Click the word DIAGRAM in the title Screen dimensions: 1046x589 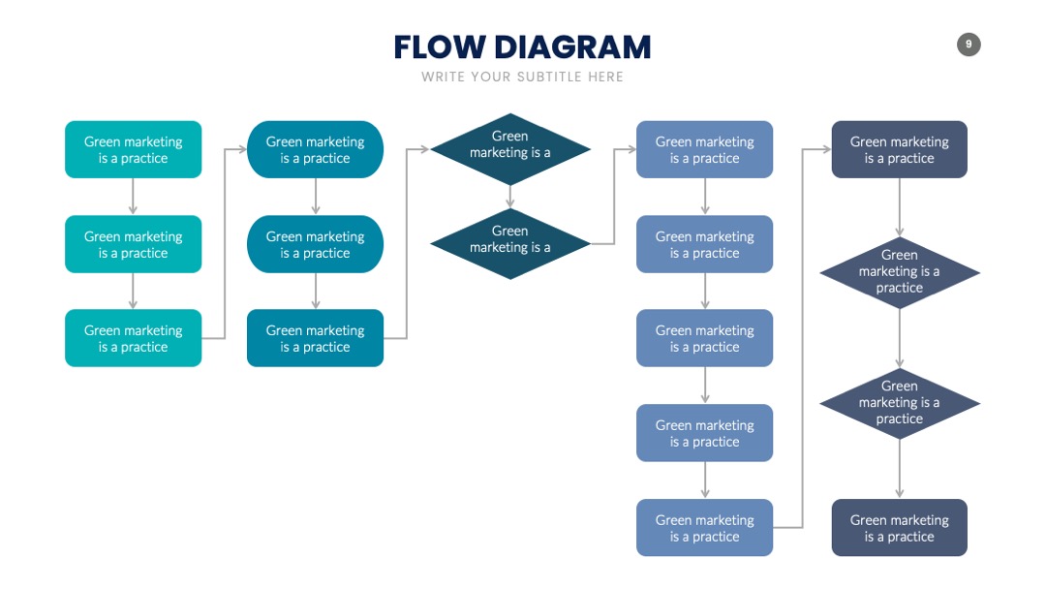coord(572,47)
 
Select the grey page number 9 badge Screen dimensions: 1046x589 coord(969,45)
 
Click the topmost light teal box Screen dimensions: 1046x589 coord(134,149)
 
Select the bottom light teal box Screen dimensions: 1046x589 coord(134,338)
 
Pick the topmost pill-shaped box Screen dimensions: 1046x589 coord(315,149)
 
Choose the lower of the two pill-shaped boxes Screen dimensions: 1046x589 coord(315,244)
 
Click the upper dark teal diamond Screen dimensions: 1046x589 coord(510,149)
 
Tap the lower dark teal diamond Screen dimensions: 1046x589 coord(510,244)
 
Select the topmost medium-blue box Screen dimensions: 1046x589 coord(704,149)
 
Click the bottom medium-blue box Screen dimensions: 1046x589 coord(704,528)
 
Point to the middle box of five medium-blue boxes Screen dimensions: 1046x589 coord(704,338)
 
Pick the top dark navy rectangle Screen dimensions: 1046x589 coord(899,149)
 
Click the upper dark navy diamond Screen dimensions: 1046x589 coord(899,273)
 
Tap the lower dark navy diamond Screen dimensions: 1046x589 coord(899,404)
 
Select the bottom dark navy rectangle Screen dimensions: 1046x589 coord(899,528)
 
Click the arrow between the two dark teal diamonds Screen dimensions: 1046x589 coord(510,197)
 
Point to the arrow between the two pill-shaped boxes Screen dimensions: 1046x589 coord(316,197)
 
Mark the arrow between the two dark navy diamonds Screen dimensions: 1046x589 coord(899,338)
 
